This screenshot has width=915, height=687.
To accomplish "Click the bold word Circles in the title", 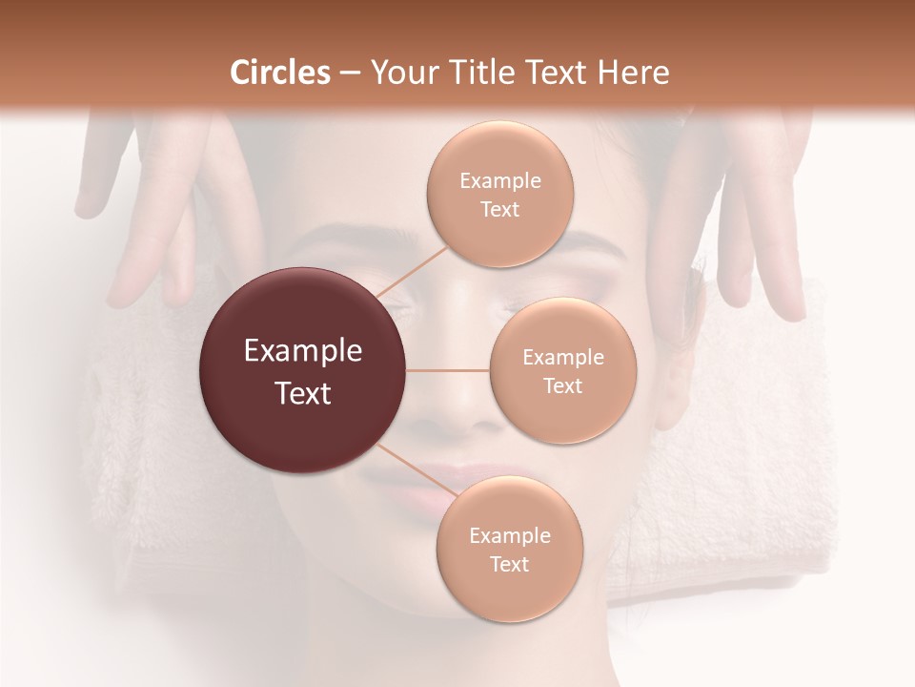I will [x=280, y=73].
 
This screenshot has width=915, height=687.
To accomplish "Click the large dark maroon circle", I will [x=303, y=370].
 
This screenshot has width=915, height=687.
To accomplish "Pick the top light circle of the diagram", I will [x=500, y=194].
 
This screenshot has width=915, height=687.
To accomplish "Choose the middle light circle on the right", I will [x=563, y=370].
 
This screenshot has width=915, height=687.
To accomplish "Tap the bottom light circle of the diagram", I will [x=509, y=549].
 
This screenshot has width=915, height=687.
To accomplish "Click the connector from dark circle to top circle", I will [x=411, y=271].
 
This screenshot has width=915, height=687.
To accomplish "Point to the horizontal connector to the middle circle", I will [x=448, y=370].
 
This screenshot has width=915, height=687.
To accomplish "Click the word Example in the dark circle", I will [x=303, y=351].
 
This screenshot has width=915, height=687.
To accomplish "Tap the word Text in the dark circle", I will [x=303, y=392].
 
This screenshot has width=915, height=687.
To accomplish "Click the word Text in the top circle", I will [x=500, y=209].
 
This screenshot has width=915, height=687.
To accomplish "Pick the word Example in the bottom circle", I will [x=509, y=535].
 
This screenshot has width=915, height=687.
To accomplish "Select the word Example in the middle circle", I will [x=563, y=358].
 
